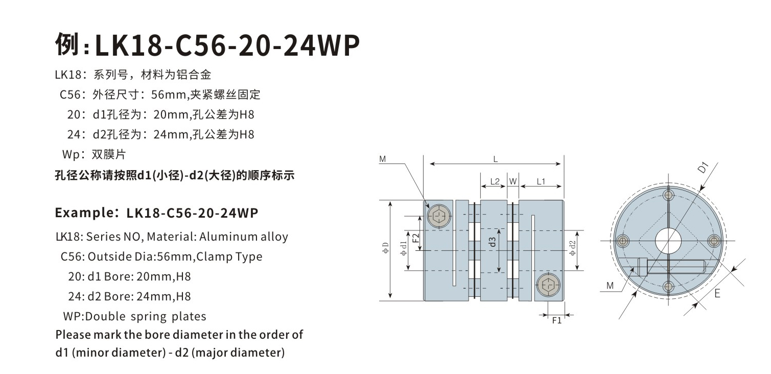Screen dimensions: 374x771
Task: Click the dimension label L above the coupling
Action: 495,159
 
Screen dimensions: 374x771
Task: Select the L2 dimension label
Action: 495,181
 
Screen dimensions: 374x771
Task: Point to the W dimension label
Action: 513,181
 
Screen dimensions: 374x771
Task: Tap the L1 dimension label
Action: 542,181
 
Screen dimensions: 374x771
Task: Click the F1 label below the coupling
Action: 557,320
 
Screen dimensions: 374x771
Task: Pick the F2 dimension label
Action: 415,237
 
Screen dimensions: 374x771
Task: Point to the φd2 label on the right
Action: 572,249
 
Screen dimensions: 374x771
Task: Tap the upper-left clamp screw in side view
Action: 440,217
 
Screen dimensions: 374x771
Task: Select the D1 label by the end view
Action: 704,167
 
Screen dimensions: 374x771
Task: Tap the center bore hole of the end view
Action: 668,240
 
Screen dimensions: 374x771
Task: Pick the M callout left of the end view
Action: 610,286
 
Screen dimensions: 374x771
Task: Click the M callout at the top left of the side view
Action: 383,159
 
